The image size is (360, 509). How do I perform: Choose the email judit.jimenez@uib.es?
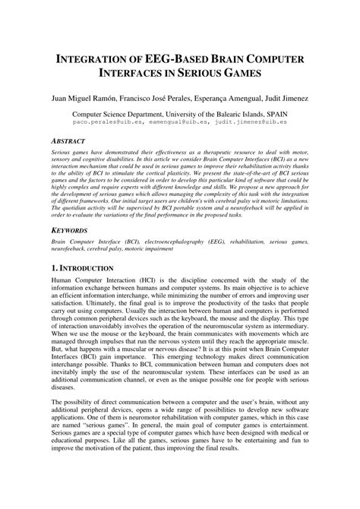250,120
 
